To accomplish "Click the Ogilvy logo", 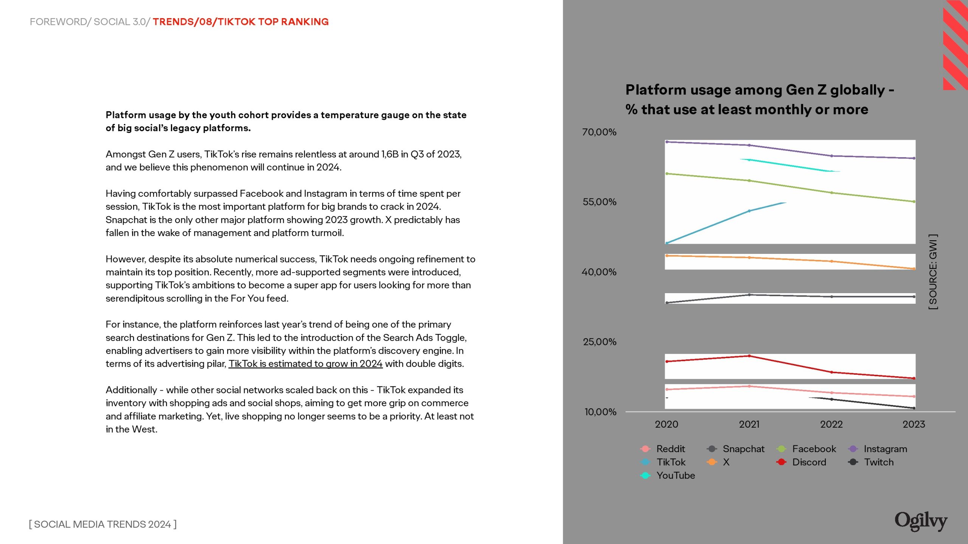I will (x=921, y=521).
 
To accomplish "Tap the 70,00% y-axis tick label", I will (x=599, y=132).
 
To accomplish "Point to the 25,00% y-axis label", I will (x=600, y=342).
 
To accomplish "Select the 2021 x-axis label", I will (x=749, y=424).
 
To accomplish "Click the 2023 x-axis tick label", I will (x=914, y=424).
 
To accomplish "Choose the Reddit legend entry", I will (x=670, y=449).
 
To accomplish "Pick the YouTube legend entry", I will (x=675, y=475).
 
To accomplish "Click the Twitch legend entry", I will (x=878, y=462).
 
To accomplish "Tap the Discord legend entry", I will (x=809, y=462).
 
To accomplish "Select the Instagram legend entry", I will (x=885, y=449).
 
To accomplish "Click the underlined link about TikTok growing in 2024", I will (x=306, y=364).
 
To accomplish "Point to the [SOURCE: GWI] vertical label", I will (x=933, y=272).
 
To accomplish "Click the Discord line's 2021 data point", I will (x=749, y=356).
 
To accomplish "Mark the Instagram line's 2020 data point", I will (x=667, y=142).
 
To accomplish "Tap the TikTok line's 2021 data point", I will (x=749, y=211).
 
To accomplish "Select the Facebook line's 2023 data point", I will (x=914, y=202).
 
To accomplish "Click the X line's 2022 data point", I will (x=831, y=261).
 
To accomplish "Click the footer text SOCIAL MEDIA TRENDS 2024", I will (x=103, y=524).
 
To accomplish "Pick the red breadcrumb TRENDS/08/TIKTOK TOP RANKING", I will (x=240, y=22).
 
